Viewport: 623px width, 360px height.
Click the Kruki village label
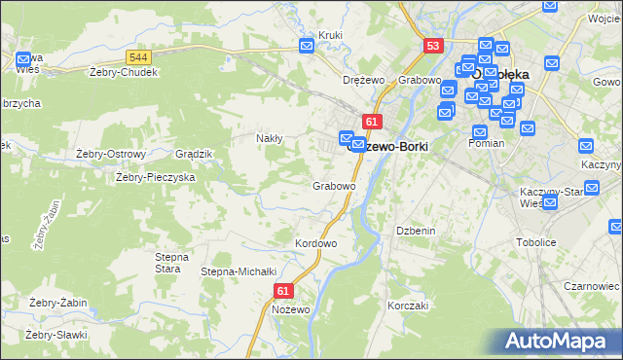[330, 36]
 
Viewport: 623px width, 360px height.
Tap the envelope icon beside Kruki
[308, 45]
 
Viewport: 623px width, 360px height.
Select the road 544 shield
[137, 60]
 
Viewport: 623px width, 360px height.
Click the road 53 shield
[434, 46]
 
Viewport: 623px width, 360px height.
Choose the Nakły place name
[269, 138]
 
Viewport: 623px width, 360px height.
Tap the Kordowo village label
[315, 243]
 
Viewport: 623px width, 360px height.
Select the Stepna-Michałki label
[239, 271]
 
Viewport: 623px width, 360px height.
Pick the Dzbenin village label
[415, 231]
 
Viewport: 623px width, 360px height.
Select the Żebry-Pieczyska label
[156, 177]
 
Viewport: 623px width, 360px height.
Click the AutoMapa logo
[559, 341]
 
